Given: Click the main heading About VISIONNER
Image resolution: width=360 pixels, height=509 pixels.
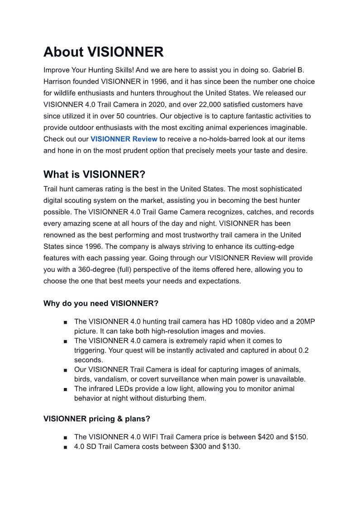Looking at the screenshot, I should tap(103, 52).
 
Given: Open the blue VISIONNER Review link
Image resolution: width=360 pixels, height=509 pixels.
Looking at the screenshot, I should tap(124, 139).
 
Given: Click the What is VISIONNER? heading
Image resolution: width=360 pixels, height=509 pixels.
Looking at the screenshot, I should tap(95, 175).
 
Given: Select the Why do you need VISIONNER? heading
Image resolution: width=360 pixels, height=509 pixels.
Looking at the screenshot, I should tap(101, 303).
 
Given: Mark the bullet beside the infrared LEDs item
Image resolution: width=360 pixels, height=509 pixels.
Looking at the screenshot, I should tap(66, 389).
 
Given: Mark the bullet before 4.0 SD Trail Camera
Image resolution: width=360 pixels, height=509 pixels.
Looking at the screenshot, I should tap(66, 447).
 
